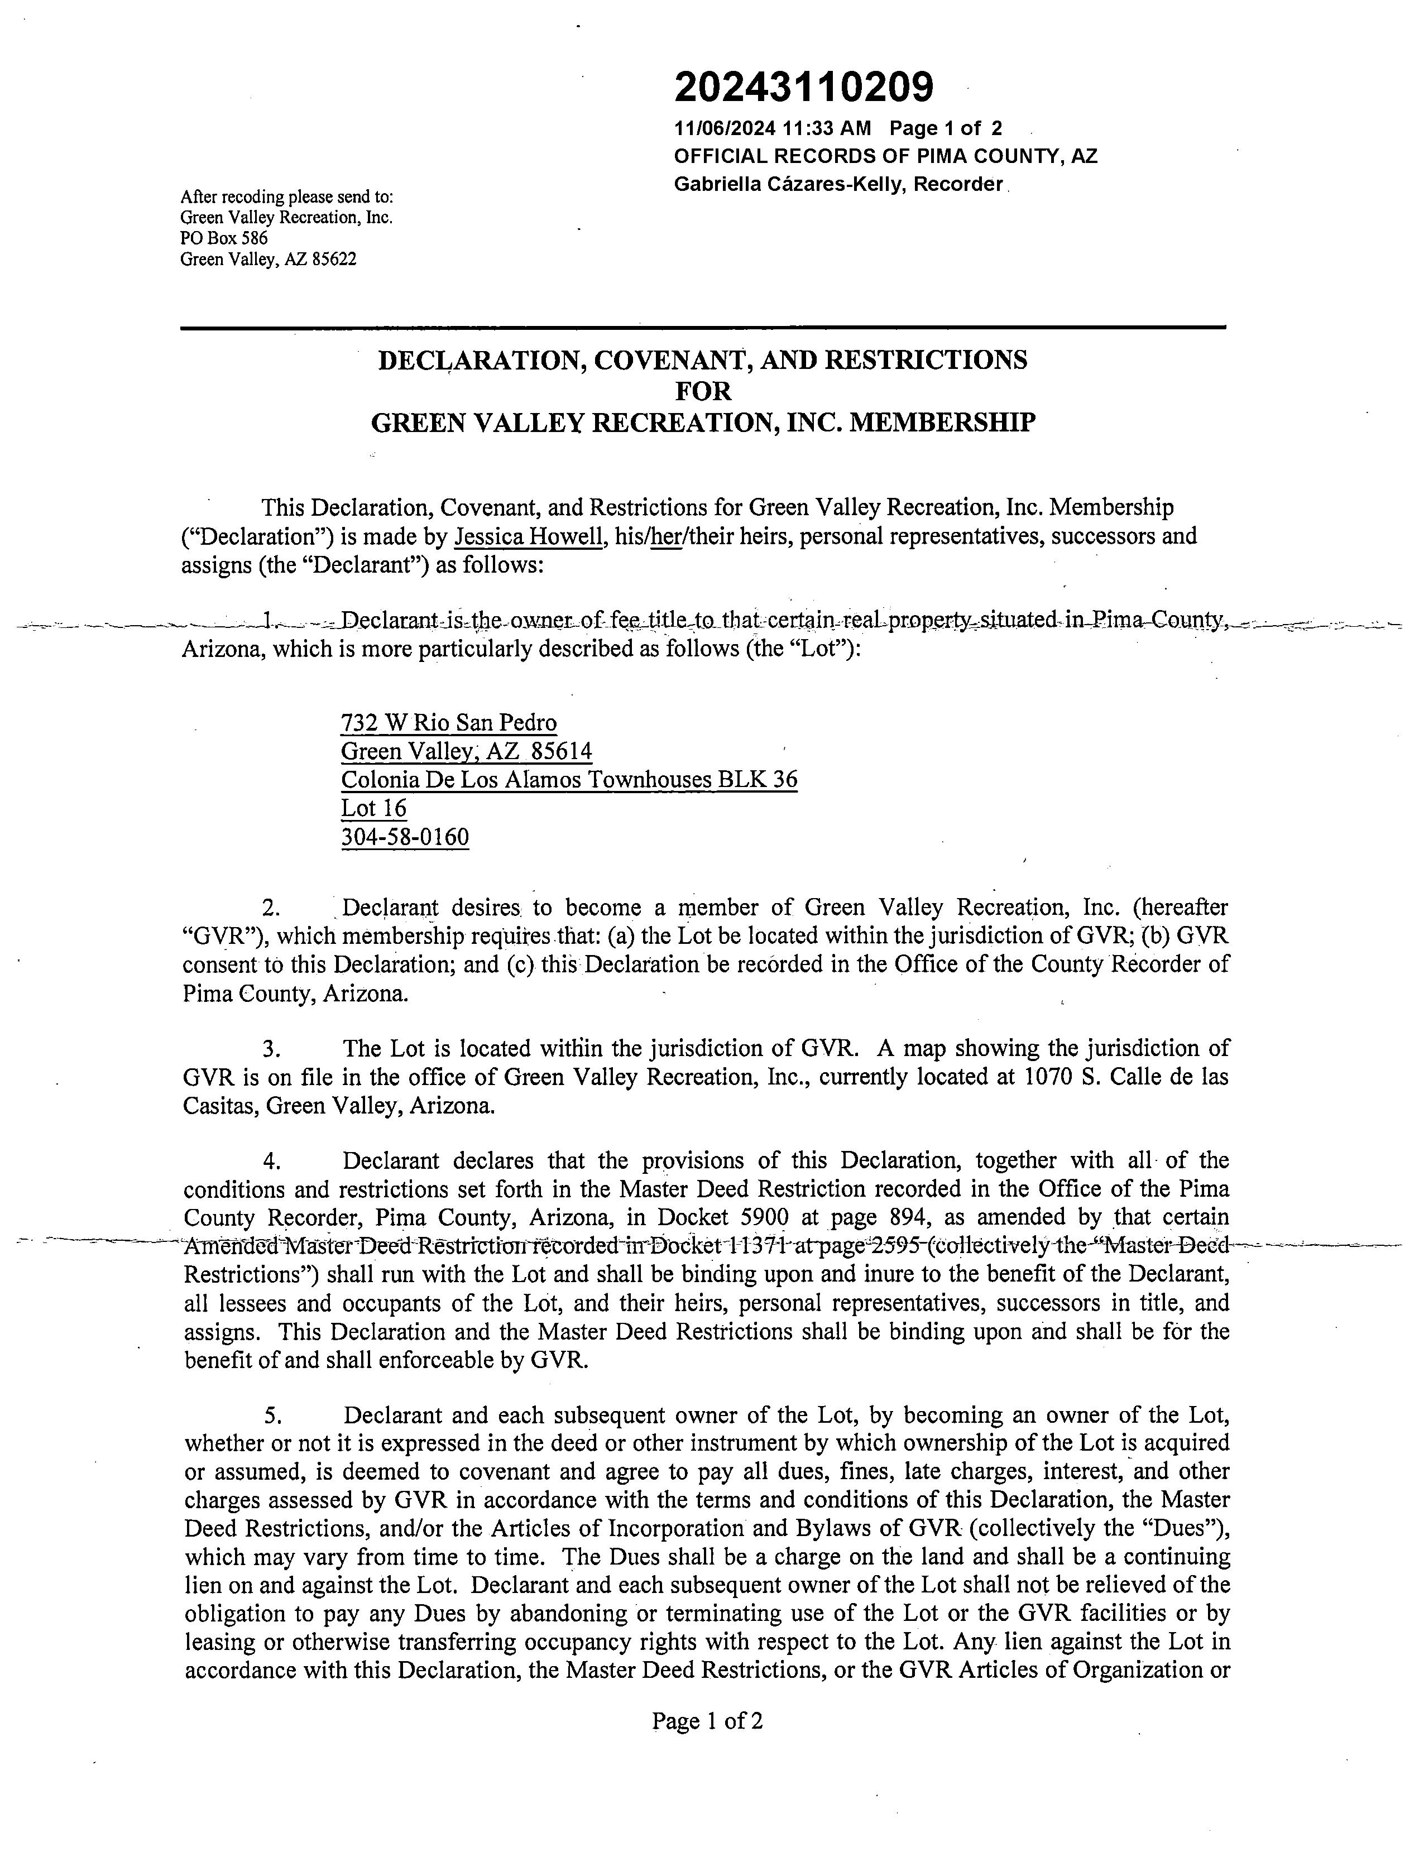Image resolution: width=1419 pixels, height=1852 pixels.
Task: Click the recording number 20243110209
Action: pyautogui.click(x=803, y=86)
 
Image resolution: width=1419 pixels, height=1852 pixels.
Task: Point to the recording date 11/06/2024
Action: pyautogui.click(x=724, y=128)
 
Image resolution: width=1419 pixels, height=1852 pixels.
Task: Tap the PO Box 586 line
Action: pyautogui.click(x=224, y=238)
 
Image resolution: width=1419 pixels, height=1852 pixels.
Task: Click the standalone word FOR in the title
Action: pyautogui.click(x=703, y=391)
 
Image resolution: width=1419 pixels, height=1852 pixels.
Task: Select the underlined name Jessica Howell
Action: pyautogui.click(x=528, y=536)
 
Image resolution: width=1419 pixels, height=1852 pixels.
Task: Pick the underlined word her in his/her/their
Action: pyautogui.click(x=667, y=536)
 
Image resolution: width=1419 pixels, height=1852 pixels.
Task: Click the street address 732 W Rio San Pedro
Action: pyautogui.click(x=448, y=723)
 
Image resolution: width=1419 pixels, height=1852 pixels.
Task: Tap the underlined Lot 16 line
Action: pyautogui.click(x=373, y=808)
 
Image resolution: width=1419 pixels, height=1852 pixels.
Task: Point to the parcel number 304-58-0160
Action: pyautogui.click(x=405, y=837)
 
